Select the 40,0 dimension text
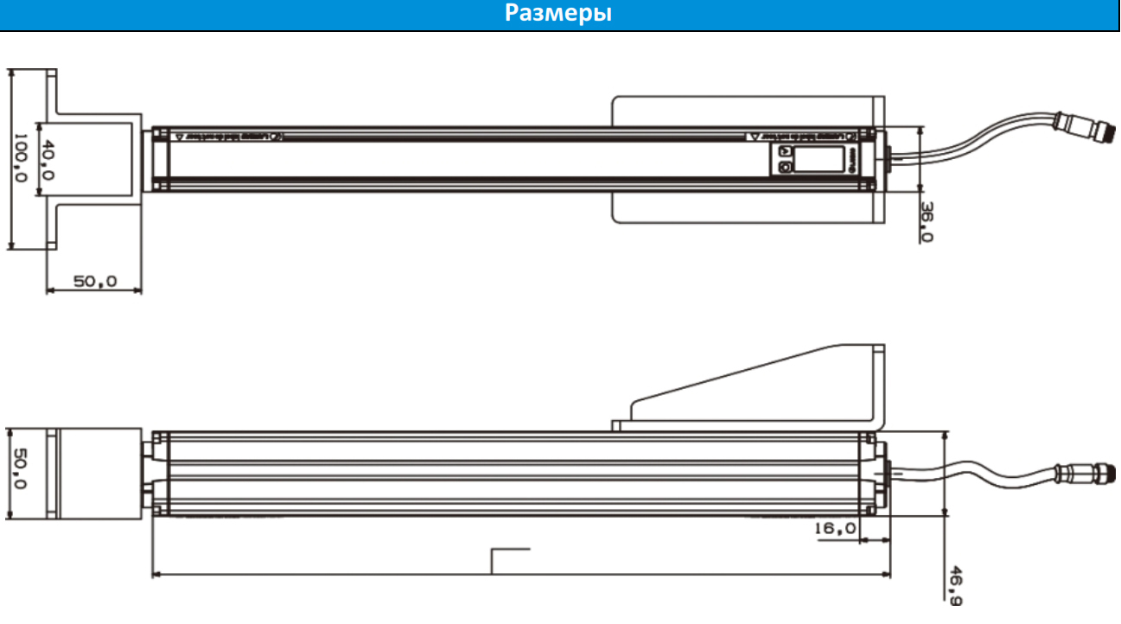(48, 160)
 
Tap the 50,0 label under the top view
(94, 282)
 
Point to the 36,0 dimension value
(926, 221)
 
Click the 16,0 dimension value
(835, 527)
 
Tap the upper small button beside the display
(785, 151)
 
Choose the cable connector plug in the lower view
(1077, 474)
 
